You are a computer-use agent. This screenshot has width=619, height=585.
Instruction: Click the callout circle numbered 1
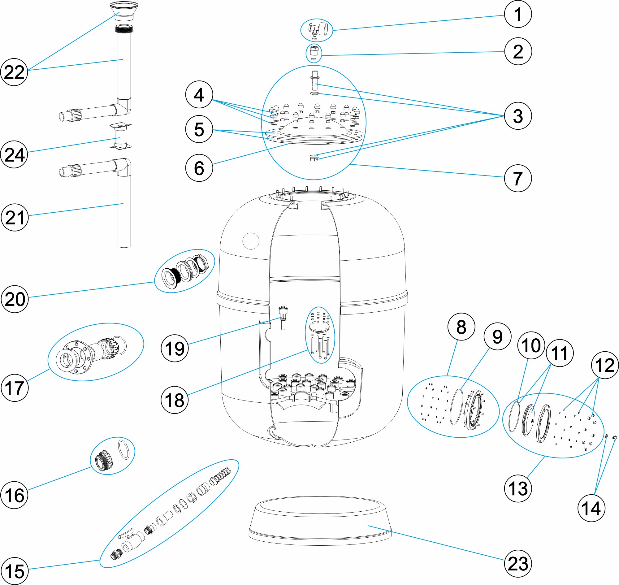518,14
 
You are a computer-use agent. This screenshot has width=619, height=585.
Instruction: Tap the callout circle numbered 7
518,178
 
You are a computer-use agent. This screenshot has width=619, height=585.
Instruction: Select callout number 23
518,564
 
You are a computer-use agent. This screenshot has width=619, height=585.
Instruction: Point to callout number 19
175,348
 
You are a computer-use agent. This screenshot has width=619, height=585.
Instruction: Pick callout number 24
14,154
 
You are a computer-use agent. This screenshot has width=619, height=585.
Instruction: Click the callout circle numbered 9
497,336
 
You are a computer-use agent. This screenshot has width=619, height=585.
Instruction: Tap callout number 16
14,495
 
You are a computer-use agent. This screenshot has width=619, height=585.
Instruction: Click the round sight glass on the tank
251,241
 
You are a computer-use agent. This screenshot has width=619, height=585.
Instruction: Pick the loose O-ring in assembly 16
124,450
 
